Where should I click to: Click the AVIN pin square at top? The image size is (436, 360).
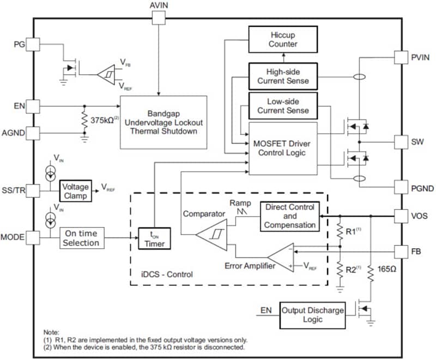(158, 18)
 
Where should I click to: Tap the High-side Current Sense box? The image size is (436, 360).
(282, 76)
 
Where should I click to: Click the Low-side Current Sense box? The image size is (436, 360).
(282, 106)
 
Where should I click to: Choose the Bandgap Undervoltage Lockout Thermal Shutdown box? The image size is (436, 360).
(163, 122)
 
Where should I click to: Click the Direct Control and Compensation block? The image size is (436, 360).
(289, 216)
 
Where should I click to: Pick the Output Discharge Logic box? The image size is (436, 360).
(312, 314)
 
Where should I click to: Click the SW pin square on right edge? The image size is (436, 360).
(402, 142)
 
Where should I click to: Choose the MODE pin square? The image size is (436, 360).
(33, 238)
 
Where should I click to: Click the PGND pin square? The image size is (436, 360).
(402, 188)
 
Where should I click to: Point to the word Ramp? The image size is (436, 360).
(240, 203)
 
